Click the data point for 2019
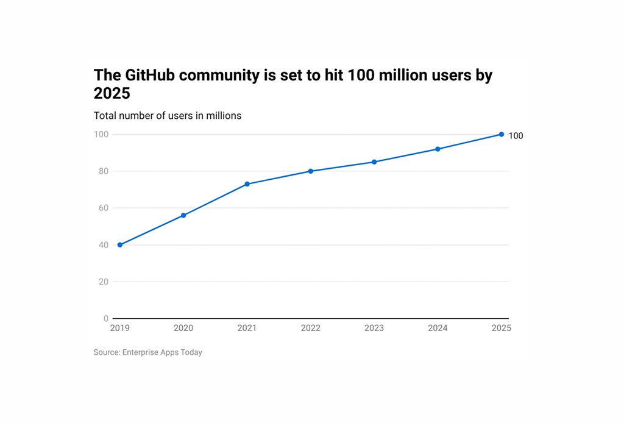[x=120, y=245]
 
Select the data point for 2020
[x=183, y=215]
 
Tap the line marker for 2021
[x=247, y=184]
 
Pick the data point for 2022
[x=311, y=171]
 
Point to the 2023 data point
[x=374, y=162]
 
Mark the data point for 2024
[x=438, y=149]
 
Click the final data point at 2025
[x=502, y=134]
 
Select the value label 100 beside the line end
[x=516, y=136]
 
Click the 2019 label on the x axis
[x=120, y=328]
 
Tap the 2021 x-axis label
[x=247, y=328]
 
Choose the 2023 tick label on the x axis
[x=374, y=328]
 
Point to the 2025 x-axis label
[x=501, y=328]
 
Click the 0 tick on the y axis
[x=105, y=319]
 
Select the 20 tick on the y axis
[x=103, y=282]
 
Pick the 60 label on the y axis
[x=103, y=208]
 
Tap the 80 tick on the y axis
[x=103, y=171]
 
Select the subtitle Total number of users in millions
[x=168, y=116]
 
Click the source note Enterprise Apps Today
[x=162, y=352]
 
